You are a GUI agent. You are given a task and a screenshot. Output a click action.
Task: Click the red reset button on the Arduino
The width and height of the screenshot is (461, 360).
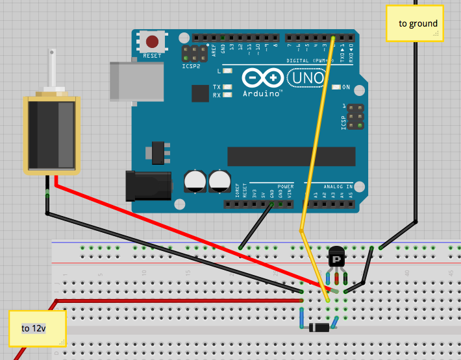point(152,42)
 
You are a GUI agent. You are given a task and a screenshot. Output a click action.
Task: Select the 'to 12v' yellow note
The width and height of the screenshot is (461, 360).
point(37,328)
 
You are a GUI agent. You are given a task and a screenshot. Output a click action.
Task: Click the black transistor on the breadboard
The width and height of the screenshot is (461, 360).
point(336,258)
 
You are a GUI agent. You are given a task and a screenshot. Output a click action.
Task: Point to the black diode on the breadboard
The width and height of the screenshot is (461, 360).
point(319,327)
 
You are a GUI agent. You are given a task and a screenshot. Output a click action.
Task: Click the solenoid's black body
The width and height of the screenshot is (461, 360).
point(51,134)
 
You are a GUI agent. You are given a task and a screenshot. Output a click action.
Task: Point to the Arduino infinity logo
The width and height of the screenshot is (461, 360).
point(263,78)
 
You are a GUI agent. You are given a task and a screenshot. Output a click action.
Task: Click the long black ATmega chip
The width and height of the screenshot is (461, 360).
point(291,156)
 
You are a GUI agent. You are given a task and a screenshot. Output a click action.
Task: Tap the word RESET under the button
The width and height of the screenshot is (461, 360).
point(152,56)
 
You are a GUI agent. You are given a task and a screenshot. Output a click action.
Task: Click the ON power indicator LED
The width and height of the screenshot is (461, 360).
point(335,87)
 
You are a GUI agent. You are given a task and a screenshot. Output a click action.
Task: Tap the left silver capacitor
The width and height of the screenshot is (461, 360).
point(195,181)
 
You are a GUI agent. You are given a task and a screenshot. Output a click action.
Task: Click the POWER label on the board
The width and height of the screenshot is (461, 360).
point(286,186)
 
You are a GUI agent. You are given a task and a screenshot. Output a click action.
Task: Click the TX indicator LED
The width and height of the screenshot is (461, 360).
point(227,87)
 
